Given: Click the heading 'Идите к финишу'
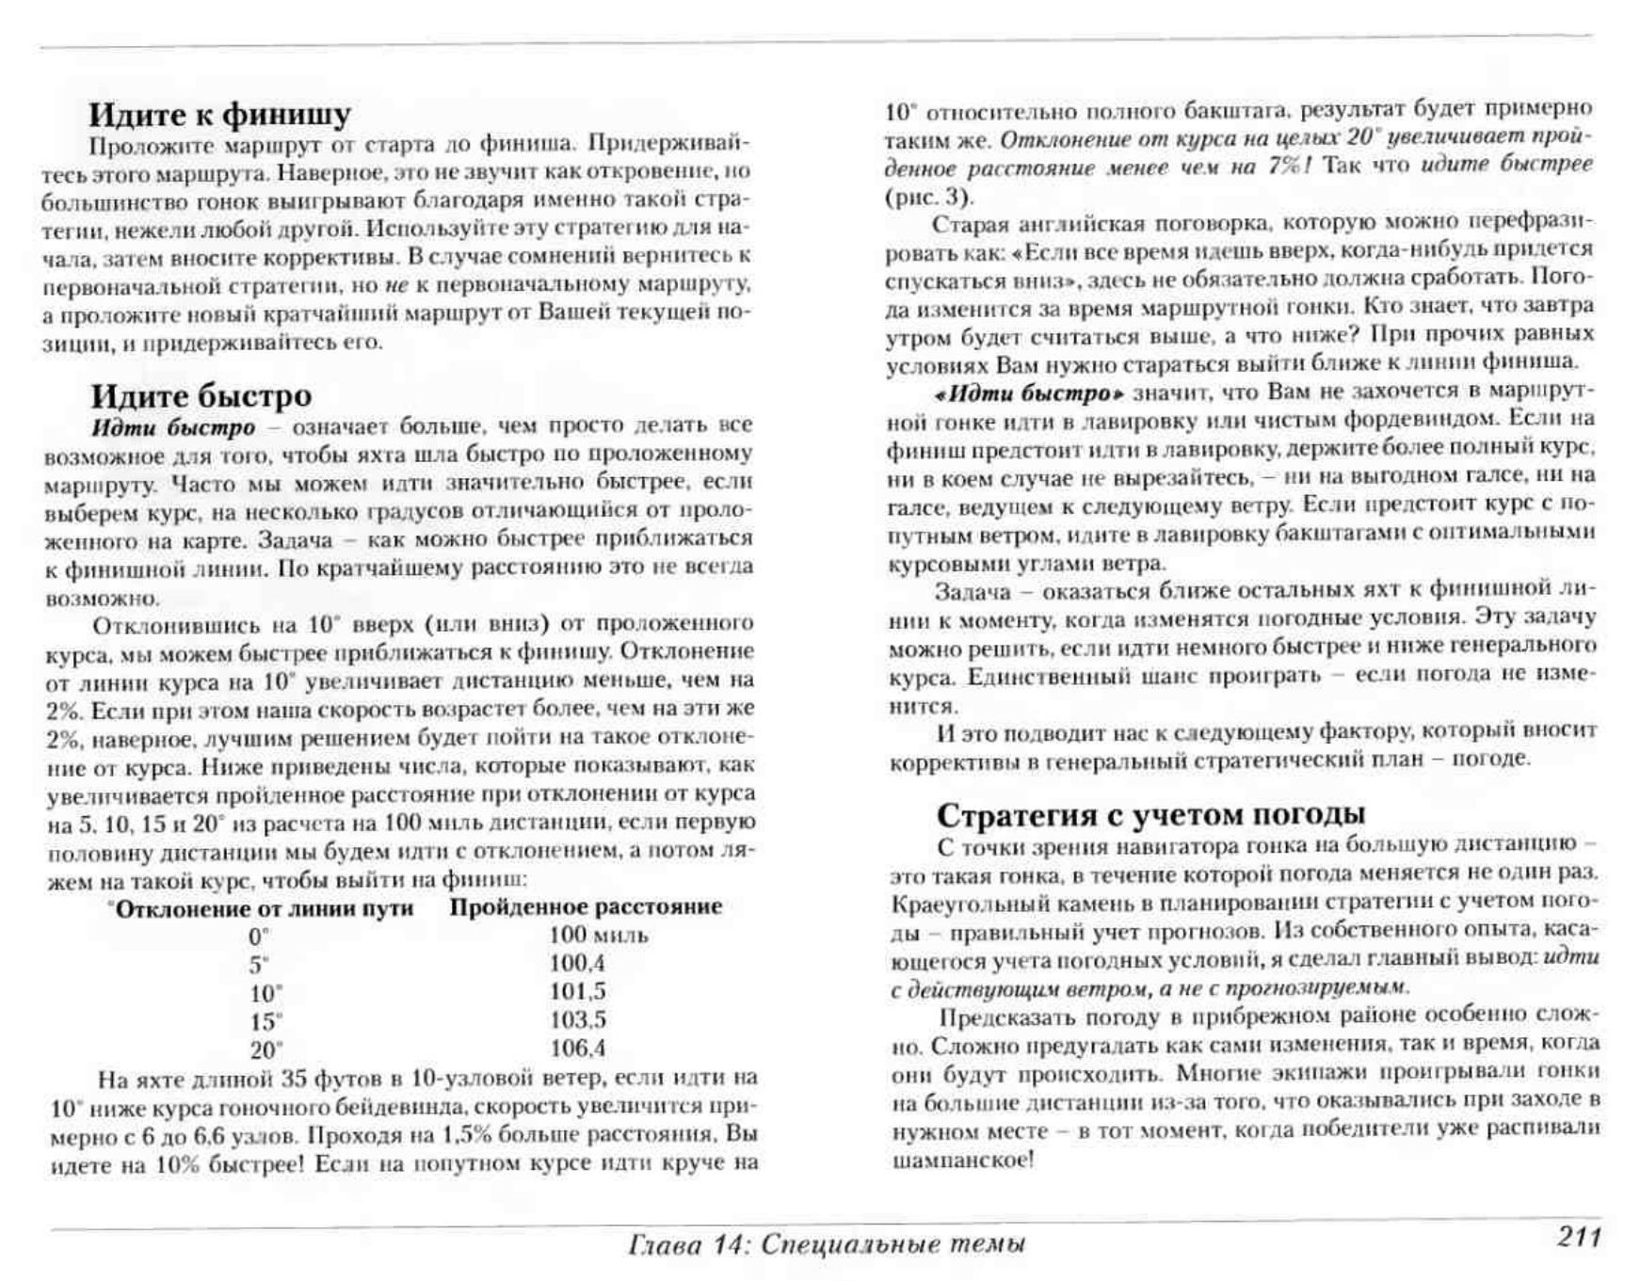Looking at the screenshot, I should point(219,114).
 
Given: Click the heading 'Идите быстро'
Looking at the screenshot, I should point(201,395).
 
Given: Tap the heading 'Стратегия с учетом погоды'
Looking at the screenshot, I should point(1150,813).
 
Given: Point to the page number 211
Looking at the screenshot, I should point(1579,1237).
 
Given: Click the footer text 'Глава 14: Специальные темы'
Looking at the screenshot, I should point(826,1244).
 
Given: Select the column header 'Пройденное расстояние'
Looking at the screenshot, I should point(586,906).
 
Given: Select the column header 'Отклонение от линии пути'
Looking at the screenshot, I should point(264,908).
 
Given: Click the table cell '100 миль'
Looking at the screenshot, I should point(598,935).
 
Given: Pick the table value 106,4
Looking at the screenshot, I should point(577,1048).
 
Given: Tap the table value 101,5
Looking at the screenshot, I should point(577,991).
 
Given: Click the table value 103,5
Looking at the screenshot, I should point(577,1019).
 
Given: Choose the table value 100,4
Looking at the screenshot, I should point(577,963).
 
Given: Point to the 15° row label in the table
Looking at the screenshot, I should point(265,1021).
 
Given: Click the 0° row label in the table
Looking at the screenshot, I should point(259,937).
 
